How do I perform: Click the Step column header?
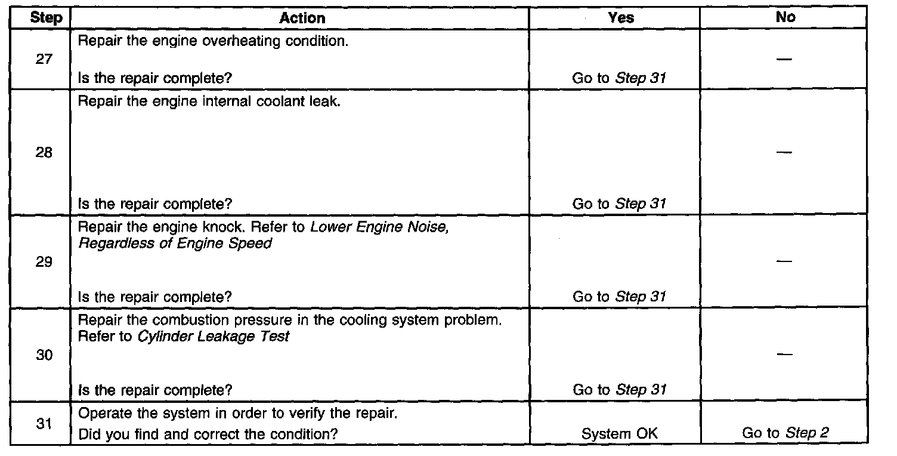pyautogui.click(x=46, y=19)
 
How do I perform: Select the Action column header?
pyautogui.click(x=302, y=19)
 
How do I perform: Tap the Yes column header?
pyautogui.click(x=620, y=19)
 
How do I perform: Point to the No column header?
pyautogui.click(x=785, y=18)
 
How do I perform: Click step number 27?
pyautogui.click(x=43, y=60)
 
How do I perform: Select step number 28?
pyautogui.click(x=43, y=153)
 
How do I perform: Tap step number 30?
pyautogui.click(x=43, y=355)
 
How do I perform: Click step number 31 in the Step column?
pyautogui.click(x=43, y=424)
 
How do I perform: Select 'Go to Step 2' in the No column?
pyautogui.click(x=785, y=434)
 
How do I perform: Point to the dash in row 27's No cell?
pyautogui.click(x=785, y=60)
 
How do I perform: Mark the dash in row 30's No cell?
pyautogui.click(x=785, y=355)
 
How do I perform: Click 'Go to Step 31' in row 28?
pyautogui.click(x=619, y=204)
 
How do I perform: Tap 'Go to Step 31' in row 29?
pyautogui.click(x=619, y=297)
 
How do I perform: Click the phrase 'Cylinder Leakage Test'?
pyautogui.click(x=214, y=337)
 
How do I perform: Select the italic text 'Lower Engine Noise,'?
pyautogui.click(x=379, y=227)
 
